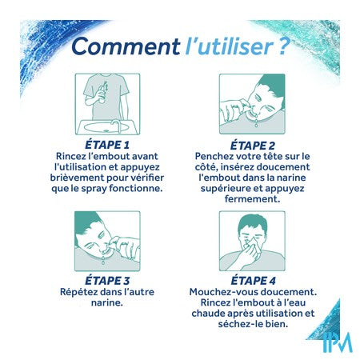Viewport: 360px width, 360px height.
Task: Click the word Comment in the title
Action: (x=126, y=46)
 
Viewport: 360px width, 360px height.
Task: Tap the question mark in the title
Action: (x=284, y=46)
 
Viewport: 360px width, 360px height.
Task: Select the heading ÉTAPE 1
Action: (x=107, y=145)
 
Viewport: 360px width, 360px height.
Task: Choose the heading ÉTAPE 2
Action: (x=252, y=146)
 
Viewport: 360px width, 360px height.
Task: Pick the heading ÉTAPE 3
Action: (x=107, y=281)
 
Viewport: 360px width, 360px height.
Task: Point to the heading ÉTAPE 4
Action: (x=253, y=281)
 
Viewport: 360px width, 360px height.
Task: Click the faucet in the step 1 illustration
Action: (x=116, y=126)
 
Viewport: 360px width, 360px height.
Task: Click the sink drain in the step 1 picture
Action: (x=106, y=130)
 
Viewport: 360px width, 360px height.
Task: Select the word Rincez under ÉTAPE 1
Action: (x=69, y=156)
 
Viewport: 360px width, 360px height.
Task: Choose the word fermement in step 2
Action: (x=252, y=199)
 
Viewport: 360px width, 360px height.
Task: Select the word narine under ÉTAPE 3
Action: (x=106, y=302)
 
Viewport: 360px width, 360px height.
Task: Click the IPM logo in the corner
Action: (x=337, y=342)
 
